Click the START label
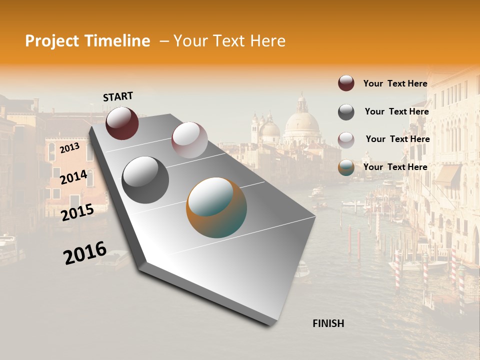(118, 96)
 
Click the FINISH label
(328, 323)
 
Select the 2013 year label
(69, 147)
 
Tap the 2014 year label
(73, 177)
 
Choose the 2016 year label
(85, 252)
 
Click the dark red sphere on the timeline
(122, 123)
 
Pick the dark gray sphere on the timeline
(145, 179)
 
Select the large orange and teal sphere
(216, 207)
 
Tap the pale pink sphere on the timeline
(189, 140)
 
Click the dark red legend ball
(346, 83)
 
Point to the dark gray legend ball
(346, 112)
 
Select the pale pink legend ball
(346, 140)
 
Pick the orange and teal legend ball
(346, 168)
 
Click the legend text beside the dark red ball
(395, 83)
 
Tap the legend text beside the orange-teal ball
(395, 167)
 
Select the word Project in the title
(51, 41)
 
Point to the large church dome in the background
(301, 122)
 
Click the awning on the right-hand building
(448, 175)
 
